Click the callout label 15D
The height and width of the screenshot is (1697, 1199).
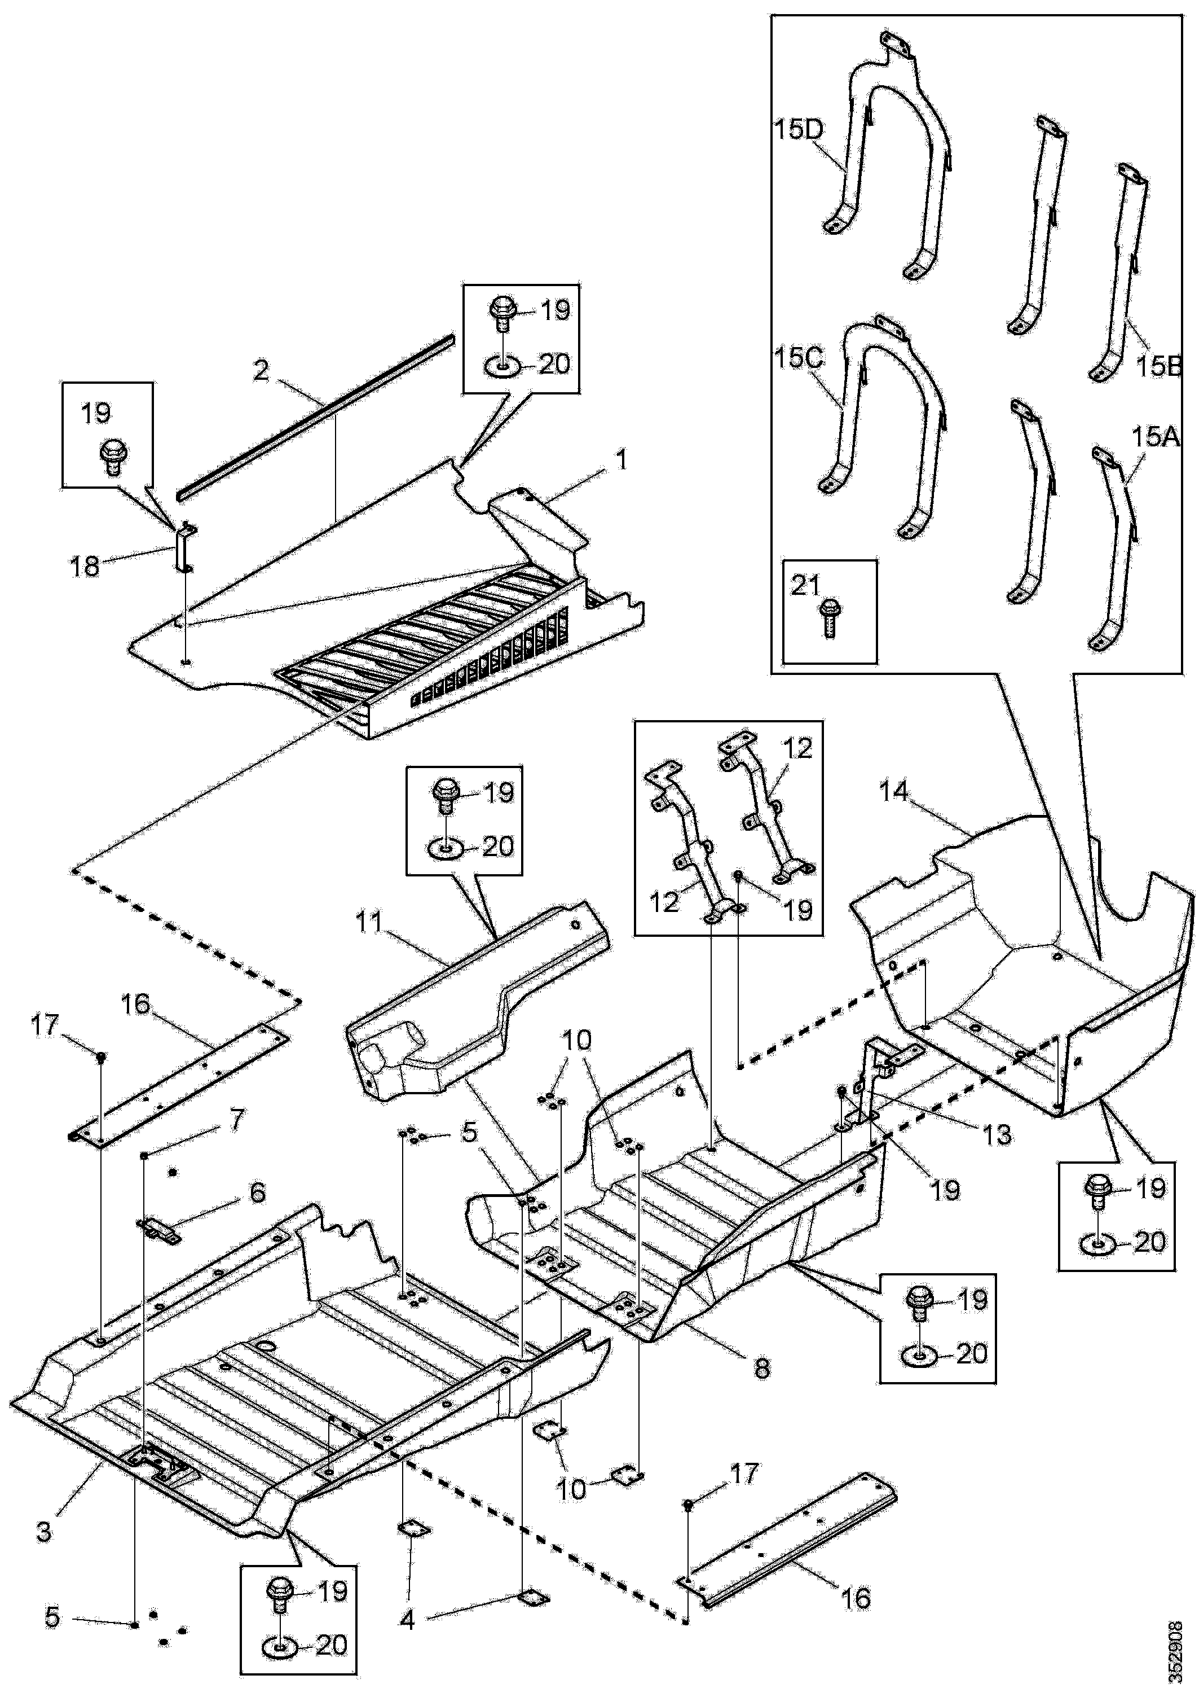point(799,130)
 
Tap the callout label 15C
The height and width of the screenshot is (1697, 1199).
point(799,358)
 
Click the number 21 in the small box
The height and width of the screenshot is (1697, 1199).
point(806,585)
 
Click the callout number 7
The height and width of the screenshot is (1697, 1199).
point(236,1120)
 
